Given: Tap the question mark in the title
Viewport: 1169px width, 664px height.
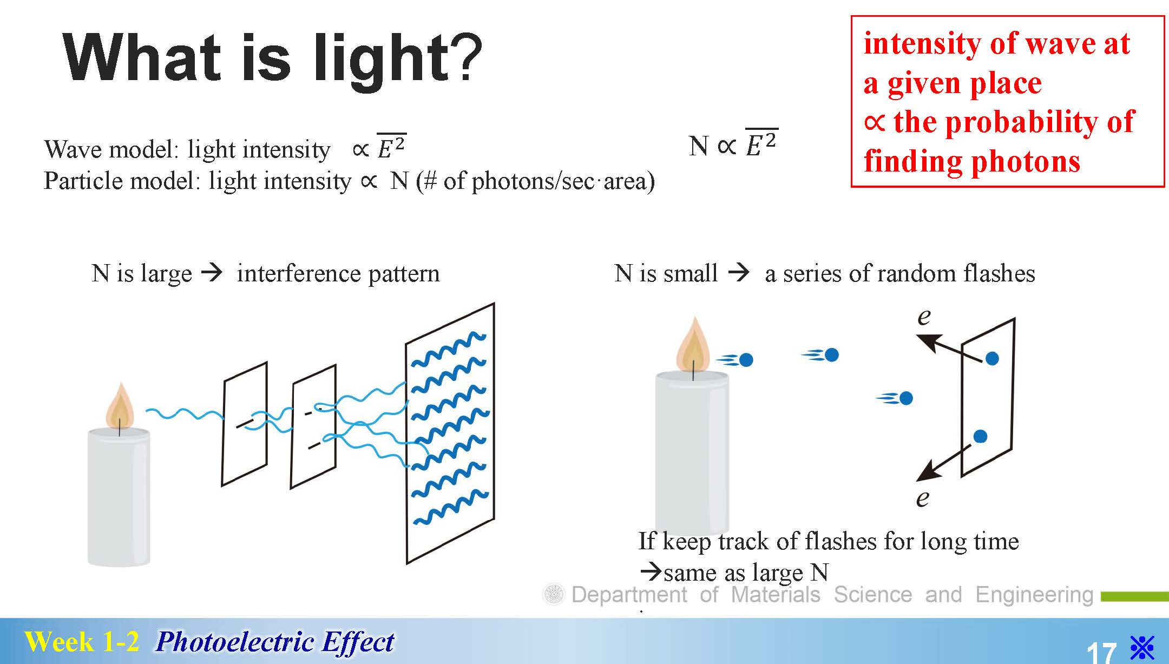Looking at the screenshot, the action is (467, 56).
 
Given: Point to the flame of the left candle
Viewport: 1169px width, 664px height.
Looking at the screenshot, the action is (120, 406).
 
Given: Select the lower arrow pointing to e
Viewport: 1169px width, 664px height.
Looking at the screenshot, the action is (943, 463).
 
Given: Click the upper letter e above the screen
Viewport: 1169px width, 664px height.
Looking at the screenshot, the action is (924, 317).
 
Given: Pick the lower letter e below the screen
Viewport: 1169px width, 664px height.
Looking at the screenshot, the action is (923, 498).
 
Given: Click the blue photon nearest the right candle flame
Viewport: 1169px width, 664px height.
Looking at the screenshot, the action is (745, 359).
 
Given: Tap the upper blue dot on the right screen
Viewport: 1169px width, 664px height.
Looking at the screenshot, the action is (992, 358).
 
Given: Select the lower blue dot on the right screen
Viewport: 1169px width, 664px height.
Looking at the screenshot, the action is (980, 436).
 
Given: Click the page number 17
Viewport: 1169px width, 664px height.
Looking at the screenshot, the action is (1101, 652).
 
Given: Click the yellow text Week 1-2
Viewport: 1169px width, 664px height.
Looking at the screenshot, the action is (82, 642).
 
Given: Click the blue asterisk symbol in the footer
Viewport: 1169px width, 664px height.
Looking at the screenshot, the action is (1142, 648).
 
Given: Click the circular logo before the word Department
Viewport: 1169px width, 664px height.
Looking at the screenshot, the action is (554, 595).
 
